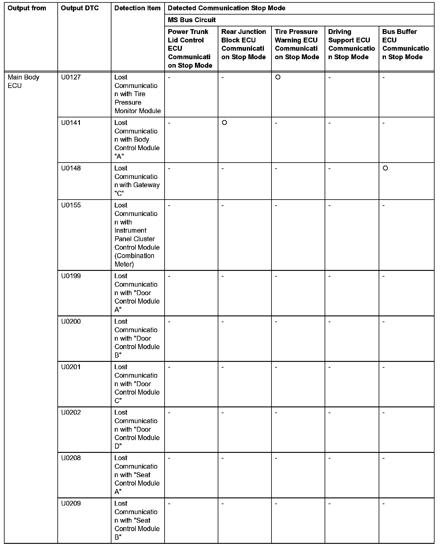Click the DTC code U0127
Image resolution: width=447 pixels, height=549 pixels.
click(71, 77)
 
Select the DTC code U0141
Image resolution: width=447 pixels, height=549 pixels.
click(71, 123)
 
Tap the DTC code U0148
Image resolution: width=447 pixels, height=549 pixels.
click(71, 168)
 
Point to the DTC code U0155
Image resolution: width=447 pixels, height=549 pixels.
click(71, 205)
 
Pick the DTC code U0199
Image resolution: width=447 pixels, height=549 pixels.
click(71, 276)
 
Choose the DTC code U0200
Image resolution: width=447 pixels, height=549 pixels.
click(71, 322)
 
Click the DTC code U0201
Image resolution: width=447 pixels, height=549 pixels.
click(71, 367)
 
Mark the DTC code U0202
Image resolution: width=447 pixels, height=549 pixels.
click(71, 413)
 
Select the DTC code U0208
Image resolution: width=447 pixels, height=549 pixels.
click(71, 458)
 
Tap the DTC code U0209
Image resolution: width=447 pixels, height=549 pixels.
click(71, 504)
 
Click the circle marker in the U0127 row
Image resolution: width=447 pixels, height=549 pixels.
click(278, 77)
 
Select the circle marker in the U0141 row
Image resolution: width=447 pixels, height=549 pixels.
click(224, 123)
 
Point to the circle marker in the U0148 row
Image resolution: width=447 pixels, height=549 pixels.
click(385, 168)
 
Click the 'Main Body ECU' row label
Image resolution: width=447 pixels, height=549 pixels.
click(23, 81)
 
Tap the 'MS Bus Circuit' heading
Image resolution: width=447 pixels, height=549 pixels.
click(192, 20)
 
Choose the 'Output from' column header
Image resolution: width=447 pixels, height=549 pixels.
click(27, 8)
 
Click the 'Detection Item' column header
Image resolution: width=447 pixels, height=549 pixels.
click(137, 8)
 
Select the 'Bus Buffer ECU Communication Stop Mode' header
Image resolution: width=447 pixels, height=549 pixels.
click(405, 44)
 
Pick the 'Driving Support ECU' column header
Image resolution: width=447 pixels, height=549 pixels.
click(351, 44)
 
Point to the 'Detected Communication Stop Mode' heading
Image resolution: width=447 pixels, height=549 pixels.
click(227, 8)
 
